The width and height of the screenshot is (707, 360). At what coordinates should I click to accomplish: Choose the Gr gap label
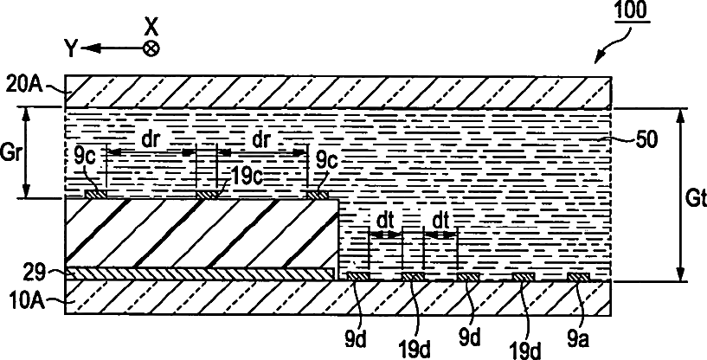click(x=12, y=152)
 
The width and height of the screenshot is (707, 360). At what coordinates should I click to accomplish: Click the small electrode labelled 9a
click(x=577, y=277)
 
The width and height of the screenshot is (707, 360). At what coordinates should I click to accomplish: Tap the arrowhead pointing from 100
click(x=598, y=60)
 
